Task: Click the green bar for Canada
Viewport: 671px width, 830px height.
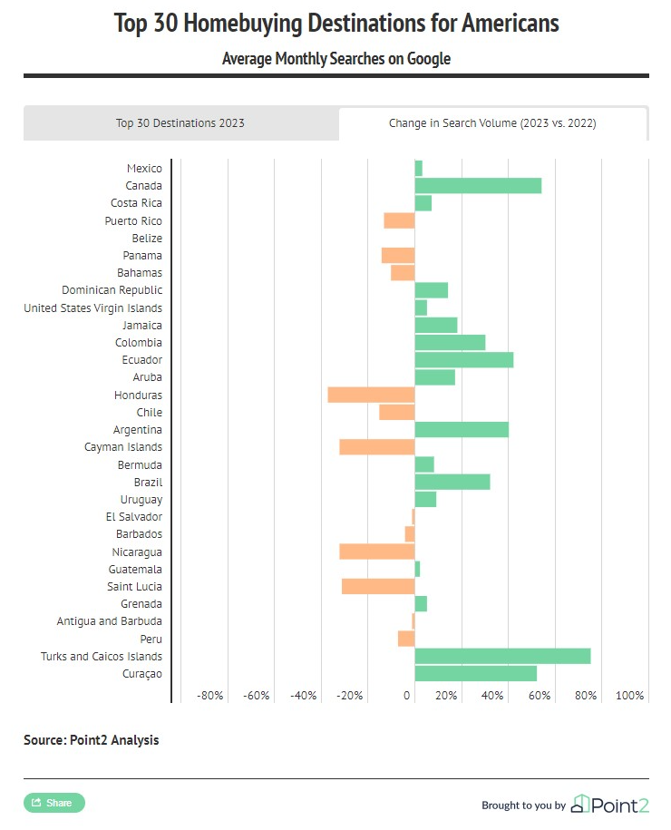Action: pos(478,186)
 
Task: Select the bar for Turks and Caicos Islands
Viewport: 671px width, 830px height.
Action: pos(502,656)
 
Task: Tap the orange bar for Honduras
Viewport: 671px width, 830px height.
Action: pos(371,395)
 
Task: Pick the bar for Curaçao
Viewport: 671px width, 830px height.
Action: pos(476,673)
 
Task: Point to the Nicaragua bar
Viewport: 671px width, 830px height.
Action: pos(377,552)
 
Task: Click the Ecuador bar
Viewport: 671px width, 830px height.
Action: pos(464,360)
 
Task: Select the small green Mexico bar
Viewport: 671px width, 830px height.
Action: pos(419,169)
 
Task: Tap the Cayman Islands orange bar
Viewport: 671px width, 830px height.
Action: pos(377,447)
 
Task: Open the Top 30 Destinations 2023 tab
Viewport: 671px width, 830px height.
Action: pos(180,123)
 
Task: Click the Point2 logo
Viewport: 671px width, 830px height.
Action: pos(610,804)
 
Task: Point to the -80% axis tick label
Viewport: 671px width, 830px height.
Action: pos(210,695)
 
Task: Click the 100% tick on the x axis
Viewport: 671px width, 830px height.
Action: pos(629,695)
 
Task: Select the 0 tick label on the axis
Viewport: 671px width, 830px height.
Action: pos(406,695)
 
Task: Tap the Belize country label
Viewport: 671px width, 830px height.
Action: pos(147,239)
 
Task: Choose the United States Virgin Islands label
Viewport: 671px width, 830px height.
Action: pos(93,308)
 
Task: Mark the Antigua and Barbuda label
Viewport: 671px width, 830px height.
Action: pos(110,620)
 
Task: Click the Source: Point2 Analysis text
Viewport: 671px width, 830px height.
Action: pos(91,739)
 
